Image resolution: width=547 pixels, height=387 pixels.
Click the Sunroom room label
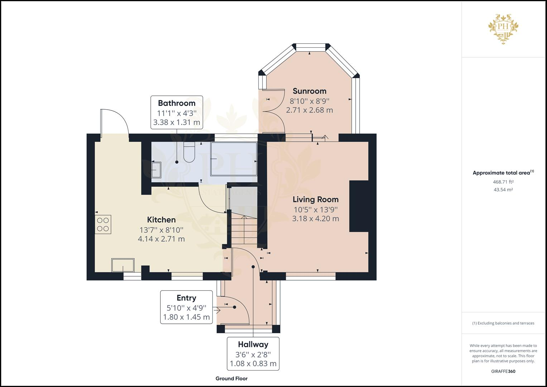[x=310, y=91]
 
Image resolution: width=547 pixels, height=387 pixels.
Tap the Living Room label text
[x=316, y=200]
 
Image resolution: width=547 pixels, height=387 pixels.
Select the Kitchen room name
[x=161, y=220]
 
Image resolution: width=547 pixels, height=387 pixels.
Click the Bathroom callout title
[x=177, y=103]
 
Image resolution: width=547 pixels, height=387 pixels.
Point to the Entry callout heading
[x=186, y=298]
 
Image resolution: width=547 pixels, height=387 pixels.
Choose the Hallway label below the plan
[x=253, y=344]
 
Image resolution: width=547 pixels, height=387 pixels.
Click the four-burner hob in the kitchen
[x=103, y=224]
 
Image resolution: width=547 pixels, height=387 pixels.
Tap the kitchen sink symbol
[x=123, y=265]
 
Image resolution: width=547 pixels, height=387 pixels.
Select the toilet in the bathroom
[x=189, y=152]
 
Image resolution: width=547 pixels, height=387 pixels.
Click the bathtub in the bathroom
[x=234, y=159]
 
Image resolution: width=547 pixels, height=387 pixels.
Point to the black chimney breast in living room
[x=359, y=206]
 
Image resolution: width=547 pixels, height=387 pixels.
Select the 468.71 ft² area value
[x=503, y=182]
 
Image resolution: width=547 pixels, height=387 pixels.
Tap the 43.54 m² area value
[x=503, y=190]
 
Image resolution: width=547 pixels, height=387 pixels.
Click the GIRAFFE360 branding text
[x=503, y=371]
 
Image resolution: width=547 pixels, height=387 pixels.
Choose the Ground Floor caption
[x=231, y=378]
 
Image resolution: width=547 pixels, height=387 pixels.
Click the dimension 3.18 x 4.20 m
[x=316, y=219]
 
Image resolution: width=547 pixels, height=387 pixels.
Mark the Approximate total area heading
[x=503, y=172]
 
